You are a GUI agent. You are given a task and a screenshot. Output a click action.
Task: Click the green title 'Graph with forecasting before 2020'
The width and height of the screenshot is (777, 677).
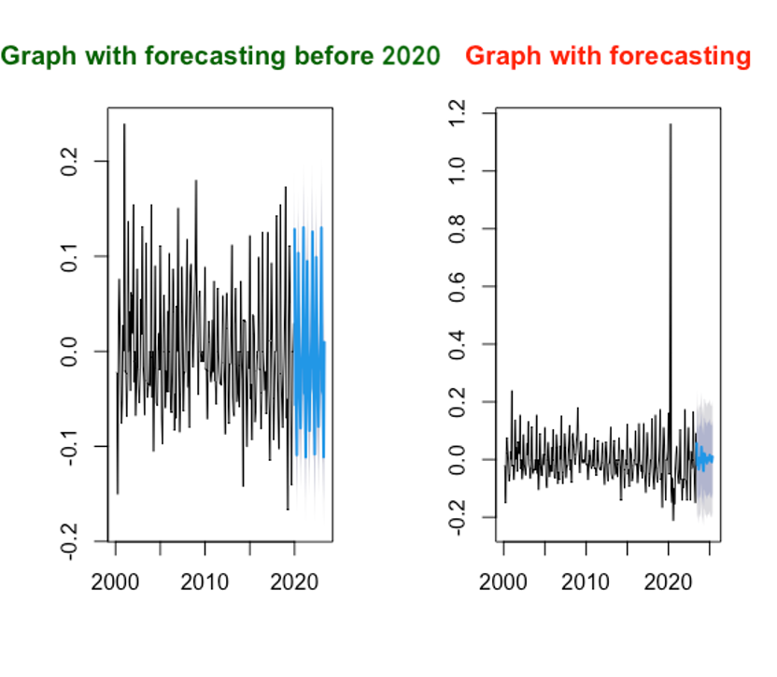[220, 55]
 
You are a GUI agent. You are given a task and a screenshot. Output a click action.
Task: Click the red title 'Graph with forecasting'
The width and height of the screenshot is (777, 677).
[607, 56]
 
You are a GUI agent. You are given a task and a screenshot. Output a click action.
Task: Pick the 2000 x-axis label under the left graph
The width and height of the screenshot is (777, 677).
[116, 582]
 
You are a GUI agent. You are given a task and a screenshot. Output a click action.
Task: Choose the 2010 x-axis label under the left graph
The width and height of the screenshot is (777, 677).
[205, 582]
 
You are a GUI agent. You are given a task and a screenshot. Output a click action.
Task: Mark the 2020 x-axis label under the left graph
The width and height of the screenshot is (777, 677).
[294, 582]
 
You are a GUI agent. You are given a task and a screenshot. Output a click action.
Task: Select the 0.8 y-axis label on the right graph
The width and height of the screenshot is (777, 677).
[457, 229]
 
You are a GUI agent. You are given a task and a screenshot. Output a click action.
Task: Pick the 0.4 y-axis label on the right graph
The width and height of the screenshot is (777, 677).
[457, 344]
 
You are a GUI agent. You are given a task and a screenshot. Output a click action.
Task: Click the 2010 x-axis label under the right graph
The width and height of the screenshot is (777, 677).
[586, 582]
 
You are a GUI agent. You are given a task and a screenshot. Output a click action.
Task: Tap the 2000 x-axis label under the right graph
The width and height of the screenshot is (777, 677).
[504, 582]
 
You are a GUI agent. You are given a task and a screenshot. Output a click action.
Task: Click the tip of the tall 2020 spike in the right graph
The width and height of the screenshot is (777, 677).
[670, 124]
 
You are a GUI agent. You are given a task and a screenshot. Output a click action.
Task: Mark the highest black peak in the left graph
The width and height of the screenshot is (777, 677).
[124, 125]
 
